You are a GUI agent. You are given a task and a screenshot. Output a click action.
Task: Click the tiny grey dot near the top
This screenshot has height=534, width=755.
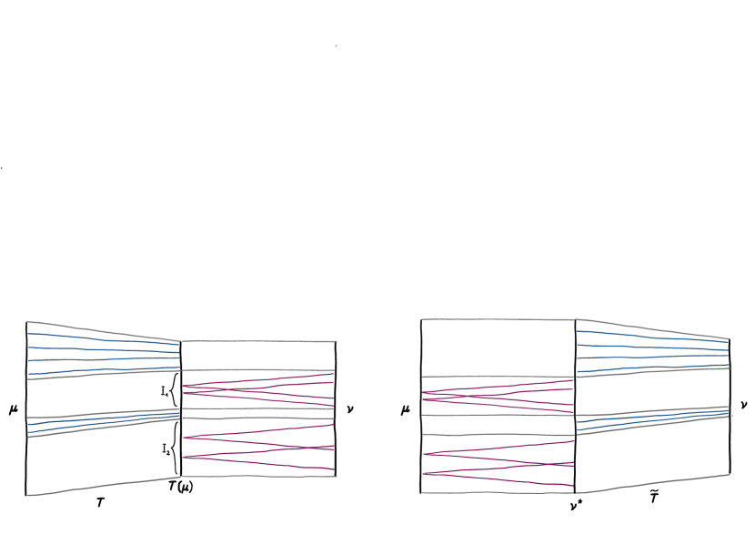click(x=336, y=45)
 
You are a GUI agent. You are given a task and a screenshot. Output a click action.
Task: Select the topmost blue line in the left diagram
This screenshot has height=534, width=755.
click(x=100, y=338)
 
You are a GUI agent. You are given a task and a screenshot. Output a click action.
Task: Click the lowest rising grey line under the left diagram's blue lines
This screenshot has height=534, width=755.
click(x=100, y=487)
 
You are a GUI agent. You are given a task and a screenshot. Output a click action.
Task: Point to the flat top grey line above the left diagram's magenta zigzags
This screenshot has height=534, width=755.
click(x=259, y=341)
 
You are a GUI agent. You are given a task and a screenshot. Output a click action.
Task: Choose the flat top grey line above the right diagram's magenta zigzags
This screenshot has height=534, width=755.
click(x=498, y=319)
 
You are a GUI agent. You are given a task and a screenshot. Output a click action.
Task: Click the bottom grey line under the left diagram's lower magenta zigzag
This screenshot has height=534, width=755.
click(x=259, y=476)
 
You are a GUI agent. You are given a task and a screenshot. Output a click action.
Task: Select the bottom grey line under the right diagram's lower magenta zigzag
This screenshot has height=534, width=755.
click(x=498, y=492)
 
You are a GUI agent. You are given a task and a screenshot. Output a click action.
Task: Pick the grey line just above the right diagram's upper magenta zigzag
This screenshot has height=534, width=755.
click(x=498, y=376)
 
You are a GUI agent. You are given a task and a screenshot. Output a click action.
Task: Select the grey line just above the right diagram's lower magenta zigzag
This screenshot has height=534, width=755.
click(x=498, y=435)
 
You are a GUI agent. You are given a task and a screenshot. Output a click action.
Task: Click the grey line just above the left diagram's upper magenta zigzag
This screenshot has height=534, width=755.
click(x=259, y=369)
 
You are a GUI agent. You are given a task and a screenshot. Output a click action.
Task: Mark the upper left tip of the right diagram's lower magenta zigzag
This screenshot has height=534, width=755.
click(x=425, y=453)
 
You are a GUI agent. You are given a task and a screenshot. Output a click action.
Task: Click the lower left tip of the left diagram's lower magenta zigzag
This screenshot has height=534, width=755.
click(x=185, y=457)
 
